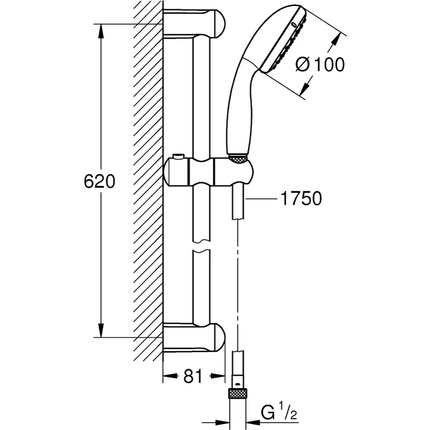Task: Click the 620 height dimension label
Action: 99,181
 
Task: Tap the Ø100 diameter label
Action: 320,65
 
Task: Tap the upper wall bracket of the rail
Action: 193,24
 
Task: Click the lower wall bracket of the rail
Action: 193,337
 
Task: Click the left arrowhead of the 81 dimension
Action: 168,377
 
